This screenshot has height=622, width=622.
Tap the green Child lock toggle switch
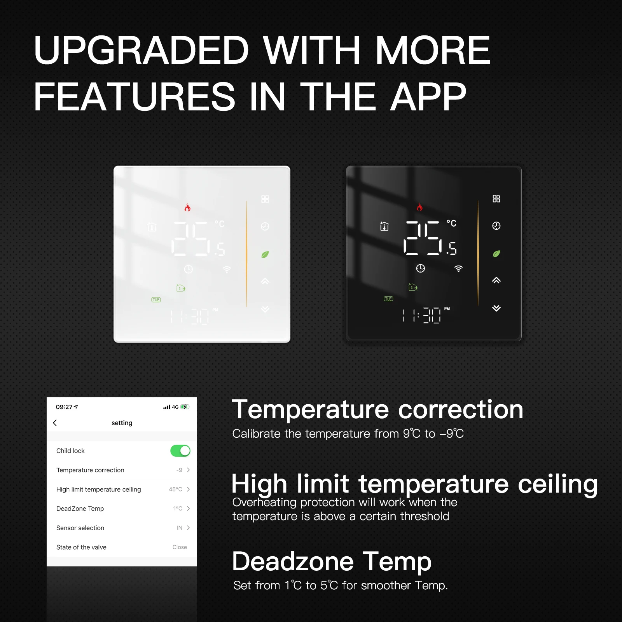click(x=180, y=451)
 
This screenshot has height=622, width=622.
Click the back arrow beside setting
click(x=55, y=423)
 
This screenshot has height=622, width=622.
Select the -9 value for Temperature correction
click(x=179, y=470)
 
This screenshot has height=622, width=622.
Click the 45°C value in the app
click(x=175, y=489)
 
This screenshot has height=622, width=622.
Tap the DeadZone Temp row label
click(x=80, y=508)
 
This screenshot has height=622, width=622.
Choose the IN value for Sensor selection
click(x=179, y=528)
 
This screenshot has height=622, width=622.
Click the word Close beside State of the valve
click(x=180, y=547)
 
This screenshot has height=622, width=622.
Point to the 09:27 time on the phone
click(x=64, y=407)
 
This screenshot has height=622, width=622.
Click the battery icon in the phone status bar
click(x=185, y=407)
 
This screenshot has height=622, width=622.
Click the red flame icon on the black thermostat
click(x=419, y=207)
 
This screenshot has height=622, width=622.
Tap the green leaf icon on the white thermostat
click(x=265, y=255)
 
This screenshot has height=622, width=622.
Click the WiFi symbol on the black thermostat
click(x=459, y=269)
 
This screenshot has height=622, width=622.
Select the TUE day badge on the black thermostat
click(x=388, y=299)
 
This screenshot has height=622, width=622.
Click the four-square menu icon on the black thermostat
click(x=496, y=199)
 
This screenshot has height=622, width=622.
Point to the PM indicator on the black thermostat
click(x=447, y=309)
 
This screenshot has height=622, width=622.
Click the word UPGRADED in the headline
click(x=141, y=50)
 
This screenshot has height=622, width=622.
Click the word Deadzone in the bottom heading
click(x=293, y=562)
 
